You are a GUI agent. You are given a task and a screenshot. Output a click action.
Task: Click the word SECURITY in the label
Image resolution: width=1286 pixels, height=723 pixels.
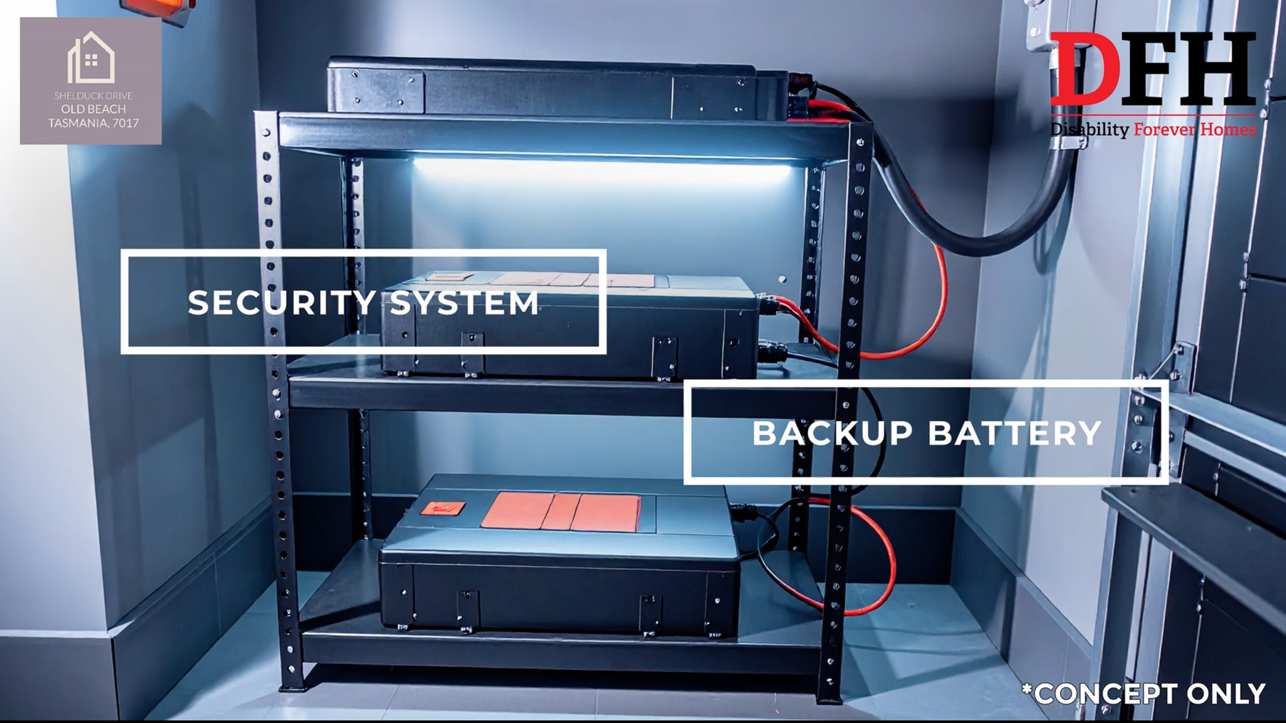click(x=282, y=303)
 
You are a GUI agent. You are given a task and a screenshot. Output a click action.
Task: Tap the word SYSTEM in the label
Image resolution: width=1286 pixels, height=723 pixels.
click(x=465, y=303)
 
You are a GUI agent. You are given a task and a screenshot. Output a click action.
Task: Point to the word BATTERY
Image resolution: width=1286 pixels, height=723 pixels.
click(x=1015, y=433)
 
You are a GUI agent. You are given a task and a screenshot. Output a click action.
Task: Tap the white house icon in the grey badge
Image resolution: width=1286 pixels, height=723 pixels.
click(x=91, y=57)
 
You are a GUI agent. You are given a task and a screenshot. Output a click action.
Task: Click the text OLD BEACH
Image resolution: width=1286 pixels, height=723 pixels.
click(x=94, y=109)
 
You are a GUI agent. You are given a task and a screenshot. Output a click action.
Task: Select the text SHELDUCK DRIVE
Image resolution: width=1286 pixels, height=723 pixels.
click(x=93, y=96)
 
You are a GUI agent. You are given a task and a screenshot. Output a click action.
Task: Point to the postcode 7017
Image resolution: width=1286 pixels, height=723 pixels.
click(x=126, y=123)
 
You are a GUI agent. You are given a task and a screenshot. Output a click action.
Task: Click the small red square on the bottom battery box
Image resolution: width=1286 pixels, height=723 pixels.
click(x=442, y=508)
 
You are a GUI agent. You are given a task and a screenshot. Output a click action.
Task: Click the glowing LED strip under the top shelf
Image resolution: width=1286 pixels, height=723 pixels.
click(x=600, y=168)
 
